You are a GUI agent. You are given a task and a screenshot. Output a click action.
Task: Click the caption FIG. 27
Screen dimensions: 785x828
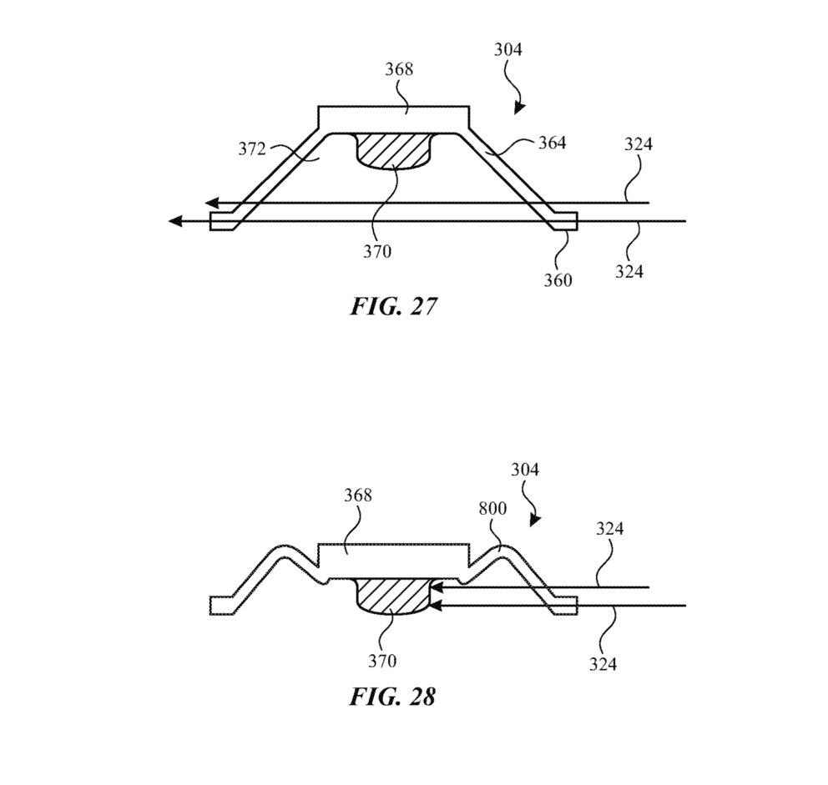(393, 306)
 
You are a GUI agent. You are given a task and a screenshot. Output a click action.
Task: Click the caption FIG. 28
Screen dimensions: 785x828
(392, 696)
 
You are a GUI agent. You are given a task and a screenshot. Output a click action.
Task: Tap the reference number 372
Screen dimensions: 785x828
(250, 149)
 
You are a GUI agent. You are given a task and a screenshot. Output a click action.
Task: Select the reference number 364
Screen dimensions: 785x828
(552, 143)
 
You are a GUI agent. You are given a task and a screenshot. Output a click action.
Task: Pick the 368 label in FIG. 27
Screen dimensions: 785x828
(399, 69)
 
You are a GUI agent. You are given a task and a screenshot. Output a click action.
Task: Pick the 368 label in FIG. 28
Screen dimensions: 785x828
(356, 496)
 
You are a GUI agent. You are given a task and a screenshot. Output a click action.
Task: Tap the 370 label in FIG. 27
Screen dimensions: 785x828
(377, 249)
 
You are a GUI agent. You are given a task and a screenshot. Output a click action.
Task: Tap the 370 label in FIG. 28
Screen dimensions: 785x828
(381, 661)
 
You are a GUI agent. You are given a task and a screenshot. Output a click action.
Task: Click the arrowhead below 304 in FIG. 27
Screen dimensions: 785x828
(520, 107)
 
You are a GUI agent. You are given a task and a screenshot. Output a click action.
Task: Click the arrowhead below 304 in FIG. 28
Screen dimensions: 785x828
(535, 520)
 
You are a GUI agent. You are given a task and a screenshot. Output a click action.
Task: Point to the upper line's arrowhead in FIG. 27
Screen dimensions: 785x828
(212, 203)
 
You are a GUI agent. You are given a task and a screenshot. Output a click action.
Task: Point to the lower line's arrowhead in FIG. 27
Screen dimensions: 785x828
(174, 221)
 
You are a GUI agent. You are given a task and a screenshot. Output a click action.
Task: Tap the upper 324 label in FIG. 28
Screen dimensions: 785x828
(609, 529)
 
